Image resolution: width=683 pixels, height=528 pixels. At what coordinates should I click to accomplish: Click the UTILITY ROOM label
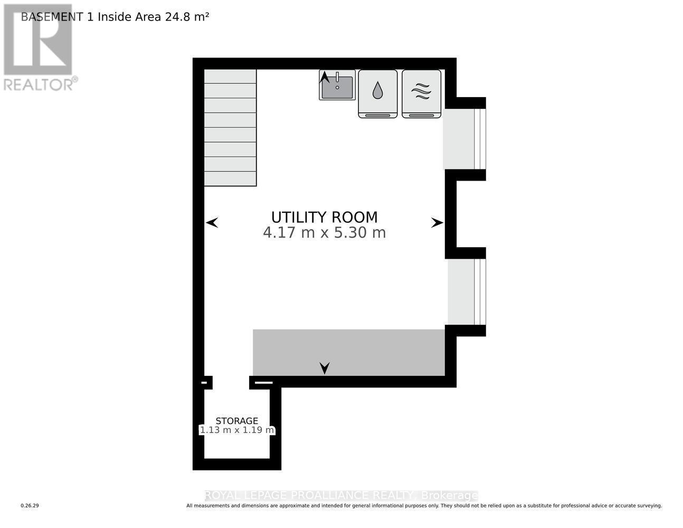(324, 217)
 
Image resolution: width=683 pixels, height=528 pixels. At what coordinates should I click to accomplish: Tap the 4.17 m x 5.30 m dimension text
(324, 233)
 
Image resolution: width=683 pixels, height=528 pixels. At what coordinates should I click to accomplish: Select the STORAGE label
(236, 421)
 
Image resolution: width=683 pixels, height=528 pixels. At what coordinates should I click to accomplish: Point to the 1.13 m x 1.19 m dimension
(236, 430)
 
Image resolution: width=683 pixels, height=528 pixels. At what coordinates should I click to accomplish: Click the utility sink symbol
(338, 87)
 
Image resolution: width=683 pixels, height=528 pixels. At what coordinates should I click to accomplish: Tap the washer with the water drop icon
(377, 93)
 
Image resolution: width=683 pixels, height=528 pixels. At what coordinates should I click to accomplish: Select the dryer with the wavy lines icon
(421, 93)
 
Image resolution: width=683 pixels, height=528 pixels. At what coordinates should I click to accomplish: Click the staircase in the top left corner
(230, 127)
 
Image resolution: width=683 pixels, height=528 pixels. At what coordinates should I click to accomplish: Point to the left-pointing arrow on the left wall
(212, 223)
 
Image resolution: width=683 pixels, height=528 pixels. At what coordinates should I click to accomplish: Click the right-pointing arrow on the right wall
(437, 223)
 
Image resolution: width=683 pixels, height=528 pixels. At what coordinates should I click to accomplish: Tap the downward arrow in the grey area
(325, 367)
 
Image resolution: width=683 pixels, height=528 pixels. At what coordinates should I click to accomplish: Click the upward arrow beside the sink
(325, 78)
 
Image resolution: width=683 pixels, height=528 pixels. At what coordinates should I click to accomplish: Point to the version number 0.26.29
(30, 506)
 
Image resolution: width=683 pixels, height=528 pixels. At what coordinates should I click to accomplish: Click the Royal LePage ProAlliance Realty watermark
(341, 495)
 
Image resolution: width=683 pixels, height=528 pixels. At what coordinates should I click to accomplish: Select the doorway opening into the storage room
(231, 382)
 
